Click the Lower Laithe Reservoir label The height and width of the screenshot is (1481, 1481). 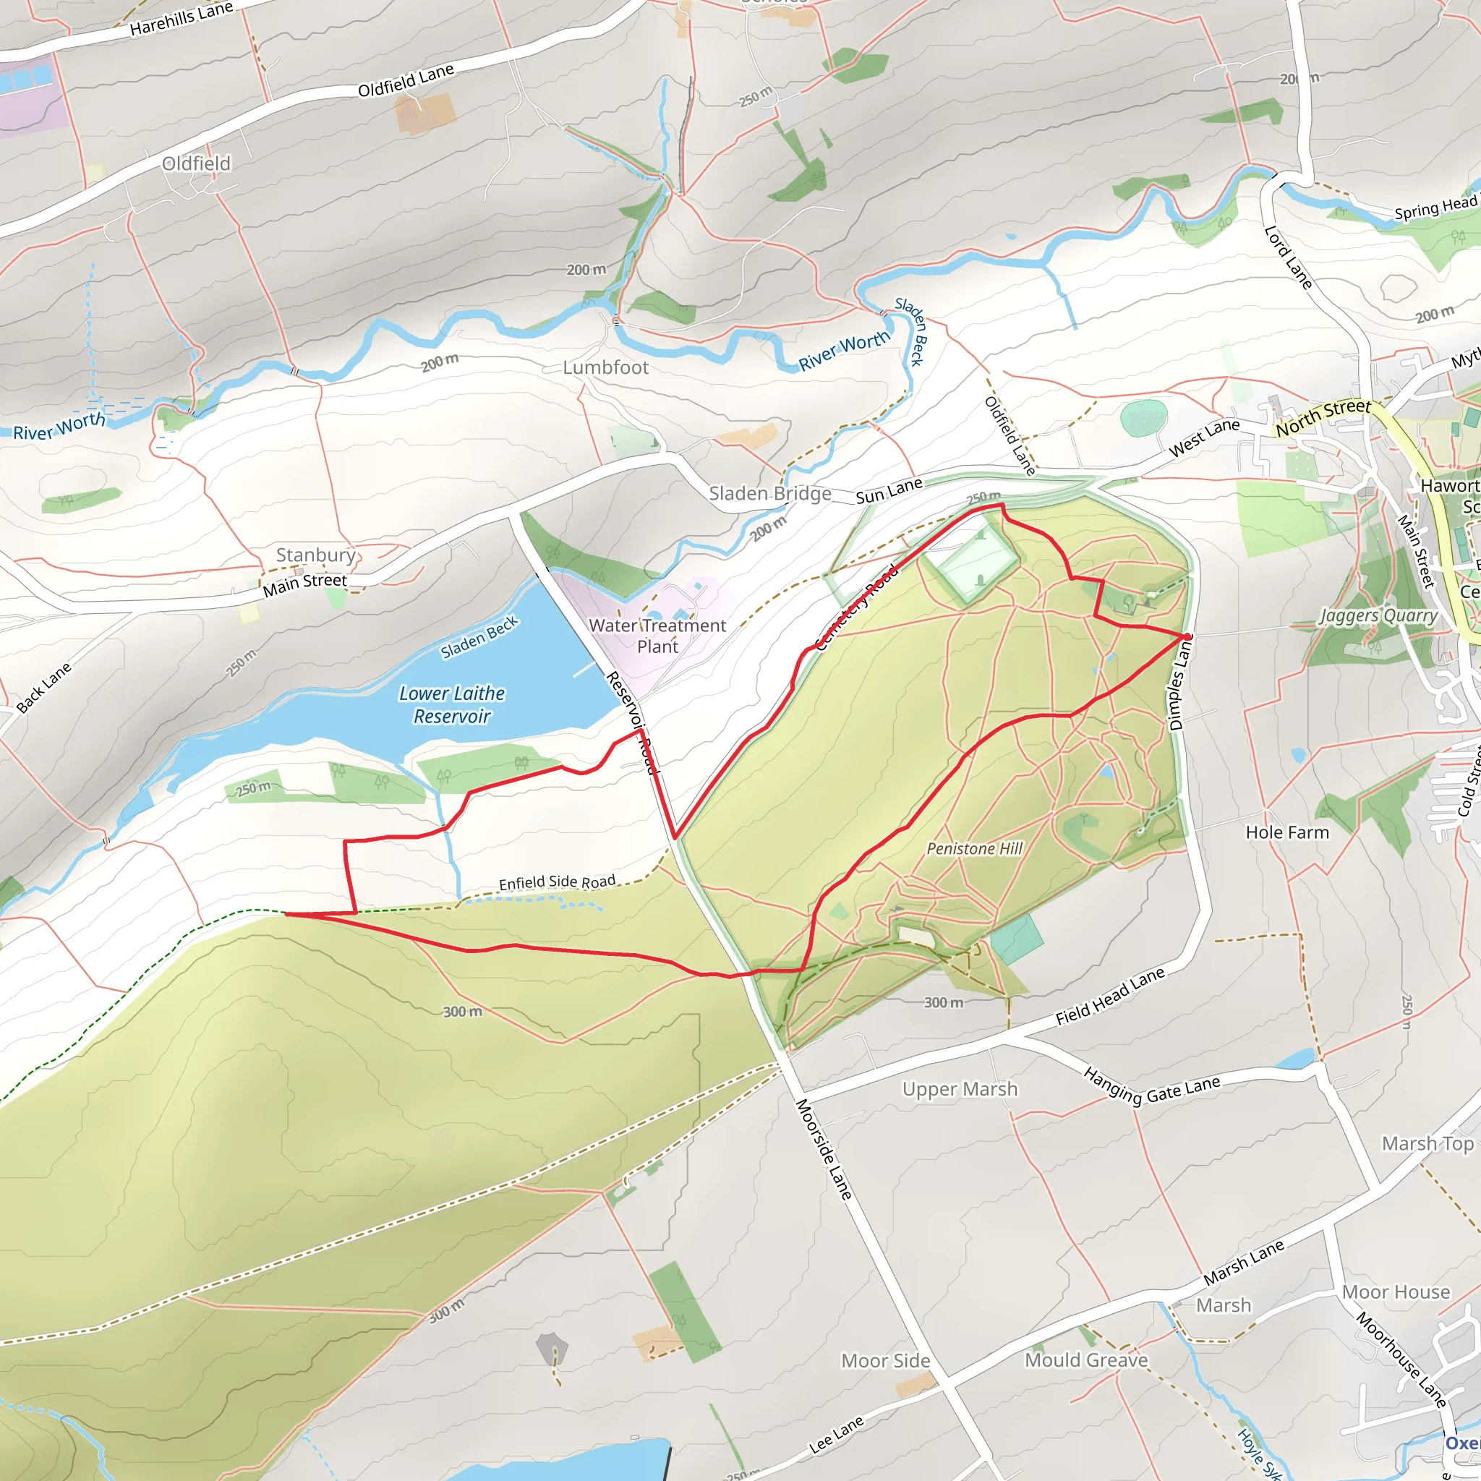(452, 704)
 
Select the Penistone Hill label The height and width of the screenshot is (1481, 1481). (974, 848)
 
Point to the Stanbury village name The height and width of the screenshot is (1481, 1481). (316, 555)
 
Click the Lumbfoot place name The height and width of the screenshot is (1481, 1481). (605, 368)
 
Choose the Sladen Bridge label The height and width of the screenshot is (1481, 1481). (769, 494)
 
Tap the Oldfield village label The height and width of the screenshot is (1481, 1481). (196, 163)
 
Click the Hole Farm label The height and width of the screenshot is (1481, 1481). (1287, 832)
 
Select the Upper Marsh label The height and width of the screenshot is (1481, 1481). (960, 1089)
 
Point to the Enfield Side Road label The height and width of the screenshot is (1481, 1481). (558, 882)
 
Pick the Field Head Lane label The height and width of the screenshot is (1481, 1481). (1110, 996)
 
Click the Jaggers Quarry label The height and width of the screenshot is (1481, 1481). (1378, 615)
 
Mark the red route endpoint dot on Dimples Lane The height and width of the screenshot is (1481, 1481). (1187, 637)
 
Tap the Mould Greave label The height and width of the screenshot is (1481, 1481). (1086, 1360)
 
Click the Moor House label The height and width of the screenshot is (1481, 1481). (1396, 1292)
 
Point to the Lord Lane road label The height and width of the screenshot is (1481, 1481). (1289, 257)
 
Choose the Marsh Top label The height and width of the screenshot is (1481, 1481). (1427, 1144)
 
